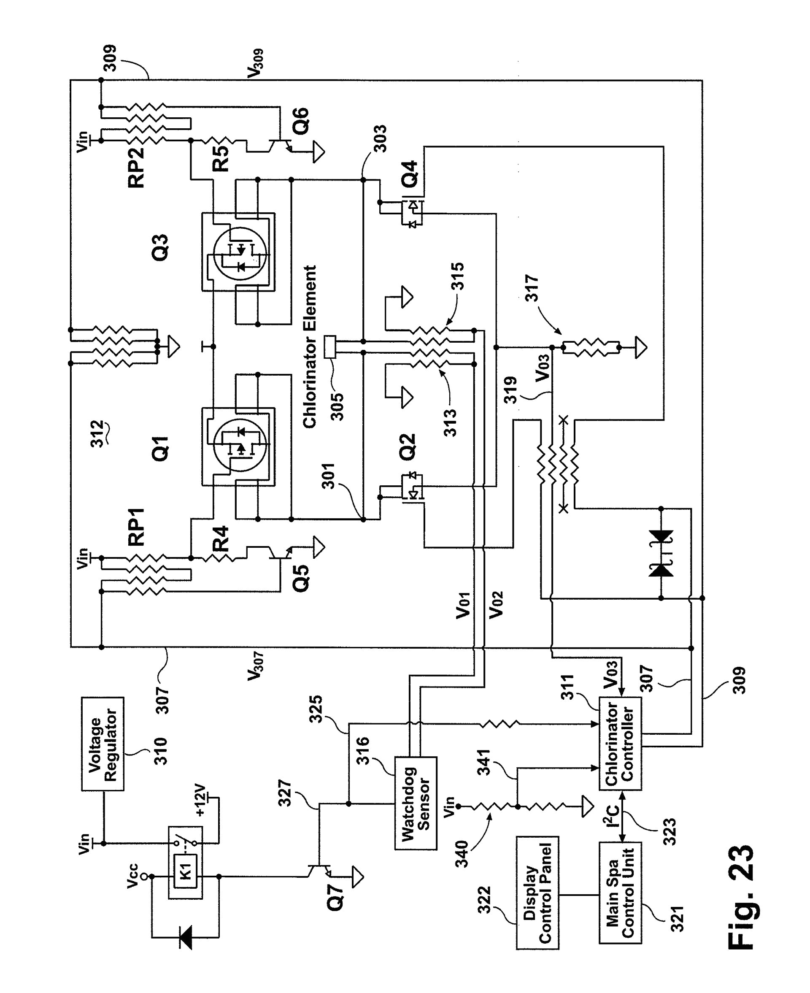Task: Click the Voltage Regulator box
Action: [x=103, y=744]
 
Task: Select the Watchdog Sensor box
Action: [x=416, y=803]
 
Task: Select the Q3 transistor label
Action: [x=159, y=248]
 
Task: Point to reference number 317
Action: [x=532, y=288]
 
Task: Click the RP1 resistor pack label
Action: [x=137, y=527]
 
